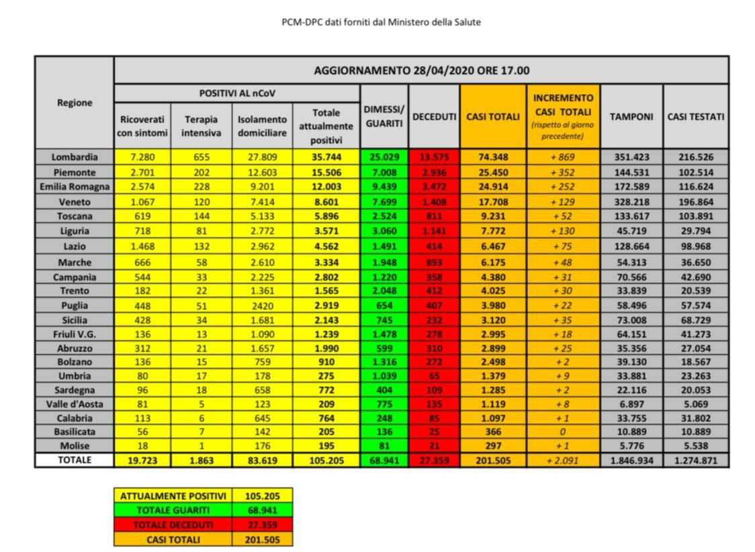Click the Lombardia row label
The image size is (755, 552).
click(x=75, y=157)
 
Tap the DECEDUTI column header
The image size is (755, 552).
click(x=433, y=117)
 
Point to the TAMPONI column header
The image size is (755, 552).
click(x=631, y=117)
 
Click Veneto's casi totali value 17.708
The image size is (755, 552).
click(x=492, y=201)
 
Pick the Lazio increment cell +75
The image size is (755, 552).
click(x=563, y=246)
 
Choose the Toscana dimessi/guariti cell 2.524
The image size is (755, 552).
click(x=384, y=216)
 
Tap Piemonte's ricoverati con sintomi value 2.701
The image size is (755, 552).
click(x=142, y=172)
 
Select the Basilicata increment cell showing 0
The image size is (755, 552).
click(x=563, y=431)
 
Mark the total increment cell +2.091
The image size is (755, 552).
click(x=563, y=461)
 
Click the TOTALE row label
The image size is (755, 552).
click(x=75, y=461)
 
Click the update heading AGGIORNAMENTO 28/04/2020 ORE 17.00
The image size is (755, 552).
click(x=421, y=71)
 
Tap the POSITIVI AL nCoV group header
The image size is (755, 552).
click(x=237, y=93)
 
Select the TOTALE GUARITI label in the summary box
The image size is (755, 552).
click(x=173, y=510)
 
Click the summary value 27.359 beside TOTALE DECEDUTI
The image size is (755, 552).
click(x=262, y=524)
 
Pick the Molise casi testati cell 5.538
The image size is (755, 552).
click(x=695, y=446)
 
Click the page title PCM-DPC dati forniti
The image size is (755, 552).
click(x=381, y=22)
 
